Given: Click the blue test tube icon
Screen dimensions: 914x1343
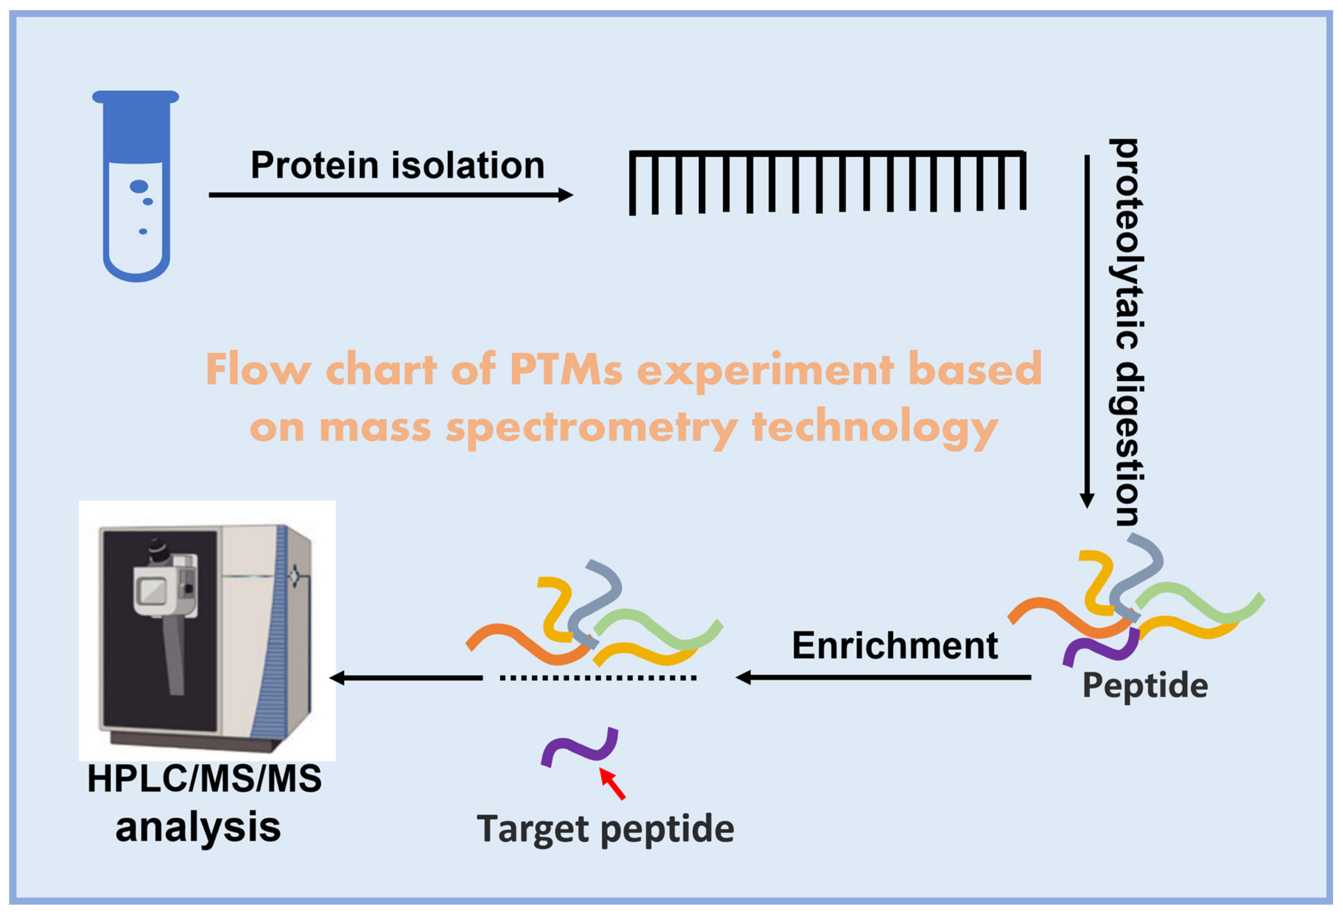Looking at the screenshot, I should coord(136,185).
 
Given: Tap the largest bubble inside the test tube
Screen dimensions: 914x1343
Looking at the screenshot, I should coord(139,186).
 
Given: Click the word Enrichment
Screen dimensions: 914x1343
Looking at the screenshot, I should coord(895,646).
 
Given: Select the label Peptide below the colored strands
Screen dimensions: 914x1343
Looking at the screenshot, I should coord(1145,686).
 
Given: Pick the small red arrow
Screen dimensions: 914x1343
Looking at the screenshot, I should coord(613,784).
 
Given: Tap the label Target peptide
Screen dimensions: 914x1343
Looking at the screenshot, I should coord(605,829).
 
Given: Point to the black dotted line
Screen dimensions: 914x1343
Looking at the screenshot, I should coord(598,678).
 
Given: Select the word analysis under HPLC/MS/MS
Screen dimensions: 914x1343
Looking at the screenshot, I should coord(198,827).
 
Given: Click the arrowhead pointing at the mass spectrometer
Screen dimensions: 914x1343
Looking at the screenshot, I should coord(337,678).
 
